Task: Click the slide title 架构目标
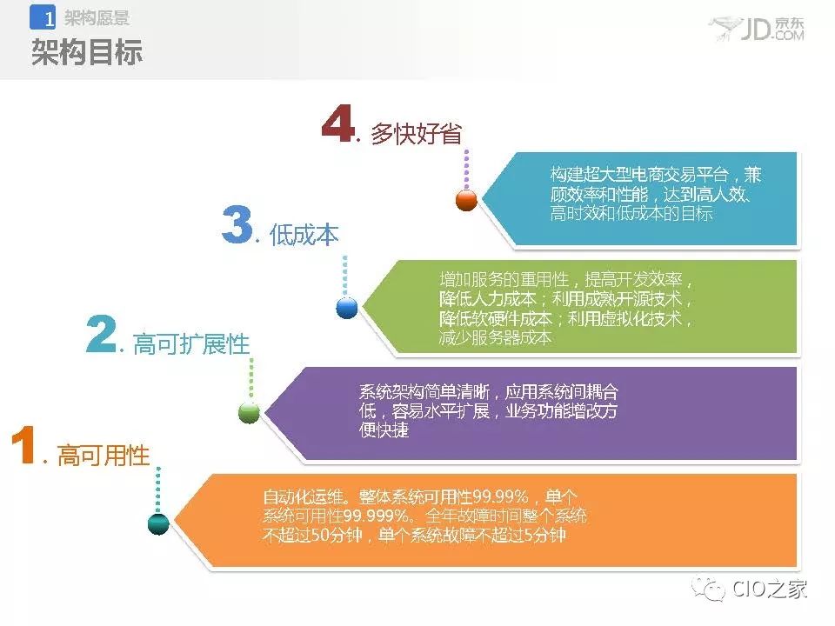click(x=87, y=51)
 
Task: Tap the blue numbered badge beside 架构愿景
click(x=43, y=17)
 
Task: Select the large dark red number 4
click(x=338, y=123)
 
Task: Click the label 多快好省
click(x=417, y=133)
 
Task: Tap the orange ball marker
click(x=466, y=200)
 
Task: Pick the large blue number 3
click(x=237, y=224)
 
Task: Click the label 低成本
click(x=304, y=234)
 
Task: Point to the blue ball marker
click(x=347, y=308)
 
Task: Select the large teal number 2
click(x=101, y=333)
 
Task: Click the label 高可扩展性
click(x=191, y=344)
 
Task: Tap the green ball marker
click(x=250, y=412)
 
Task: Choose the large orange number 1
click(x=23, y=444)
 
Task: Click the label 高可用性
click(x=104, y=456)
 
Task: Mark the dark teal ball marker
click(x=158, y=523)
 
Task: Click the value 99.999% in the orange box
click(x=377, y=516)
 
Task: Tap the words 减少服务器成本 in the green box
click(x=495, y=337)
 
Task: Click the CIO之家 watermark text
click(x=770, y=589)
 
